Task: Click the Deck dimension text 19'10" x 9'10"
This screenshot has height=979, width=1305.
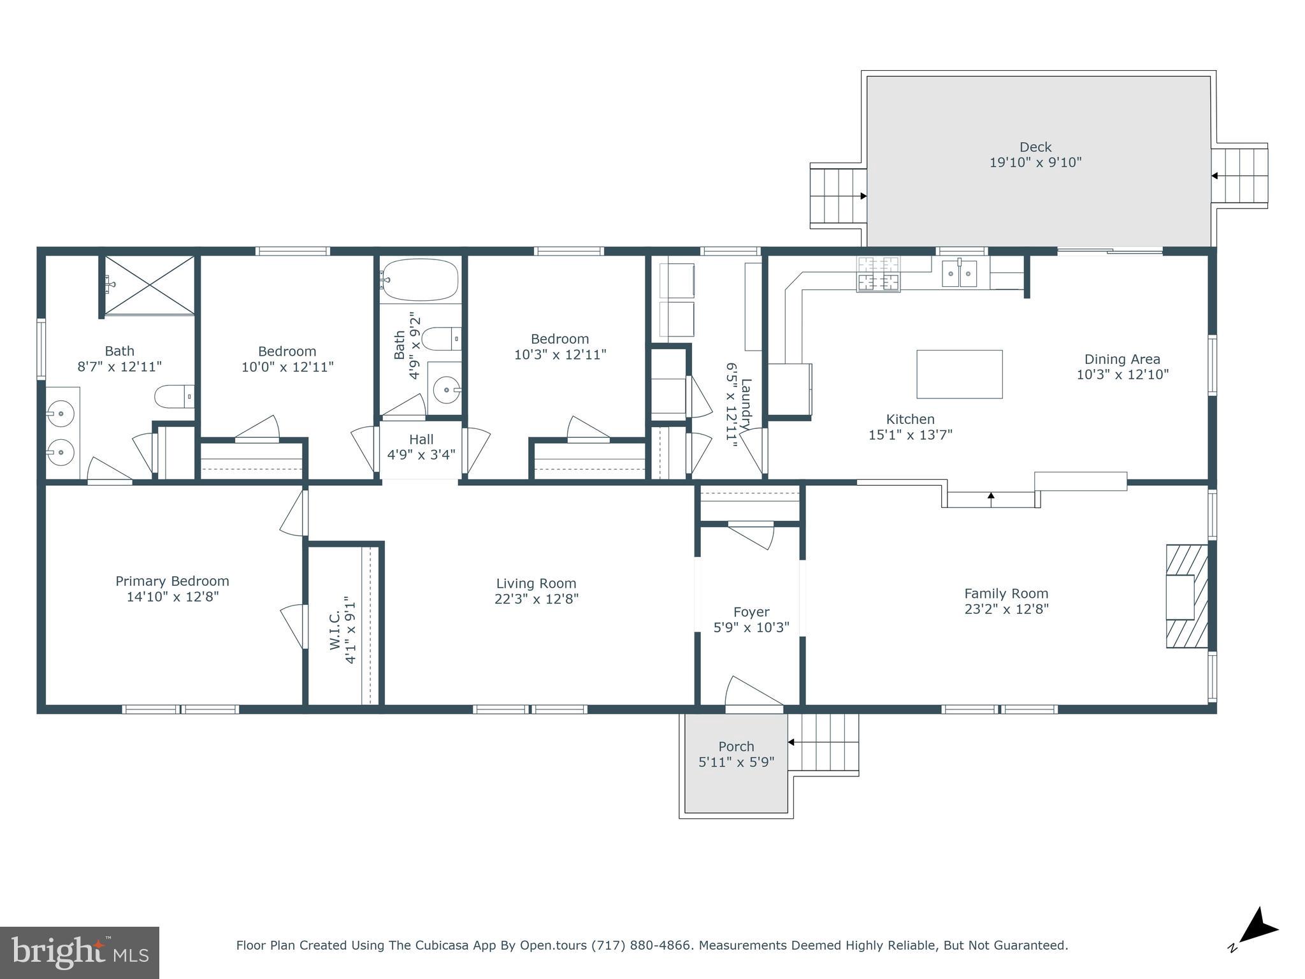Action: click(x=1035, y=163)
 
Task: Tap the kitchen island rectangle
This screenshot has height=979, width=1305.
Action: click(x=959, y=374)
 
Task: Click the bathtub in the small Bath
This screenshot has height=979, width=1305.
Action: click(x=419, y=279)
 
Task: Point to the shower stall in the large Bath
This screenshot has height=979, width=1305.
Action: click(x=149, y=285)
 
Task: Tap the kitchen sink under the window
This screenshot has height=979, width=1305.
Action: click(x=959, y=274)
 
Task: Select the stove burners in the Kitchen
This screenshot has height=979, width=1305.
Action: click(x=878, y=273)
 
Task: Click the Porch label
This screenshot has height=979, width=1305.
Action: click(x=736, y=746)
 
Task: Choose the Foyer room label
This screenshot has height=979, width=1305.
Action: click(x=751, y=612)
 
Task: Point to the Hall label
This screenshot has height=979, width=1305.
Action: click(x=421, y=439)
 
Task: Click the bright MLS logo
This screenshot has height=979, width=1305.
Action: click(x=79, y=952)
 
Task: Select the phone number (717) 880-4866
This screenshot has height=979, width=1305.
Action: click(x=642, y=945)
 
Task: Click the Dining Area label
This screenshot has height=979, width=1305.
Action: click(x=1122, y=359)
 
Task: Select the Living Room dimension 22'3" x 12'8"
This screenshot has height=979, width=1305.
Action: click(x=536, y=599)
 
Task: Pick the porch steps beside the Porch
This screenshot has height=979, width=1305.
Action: click(x=825, y=743)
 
